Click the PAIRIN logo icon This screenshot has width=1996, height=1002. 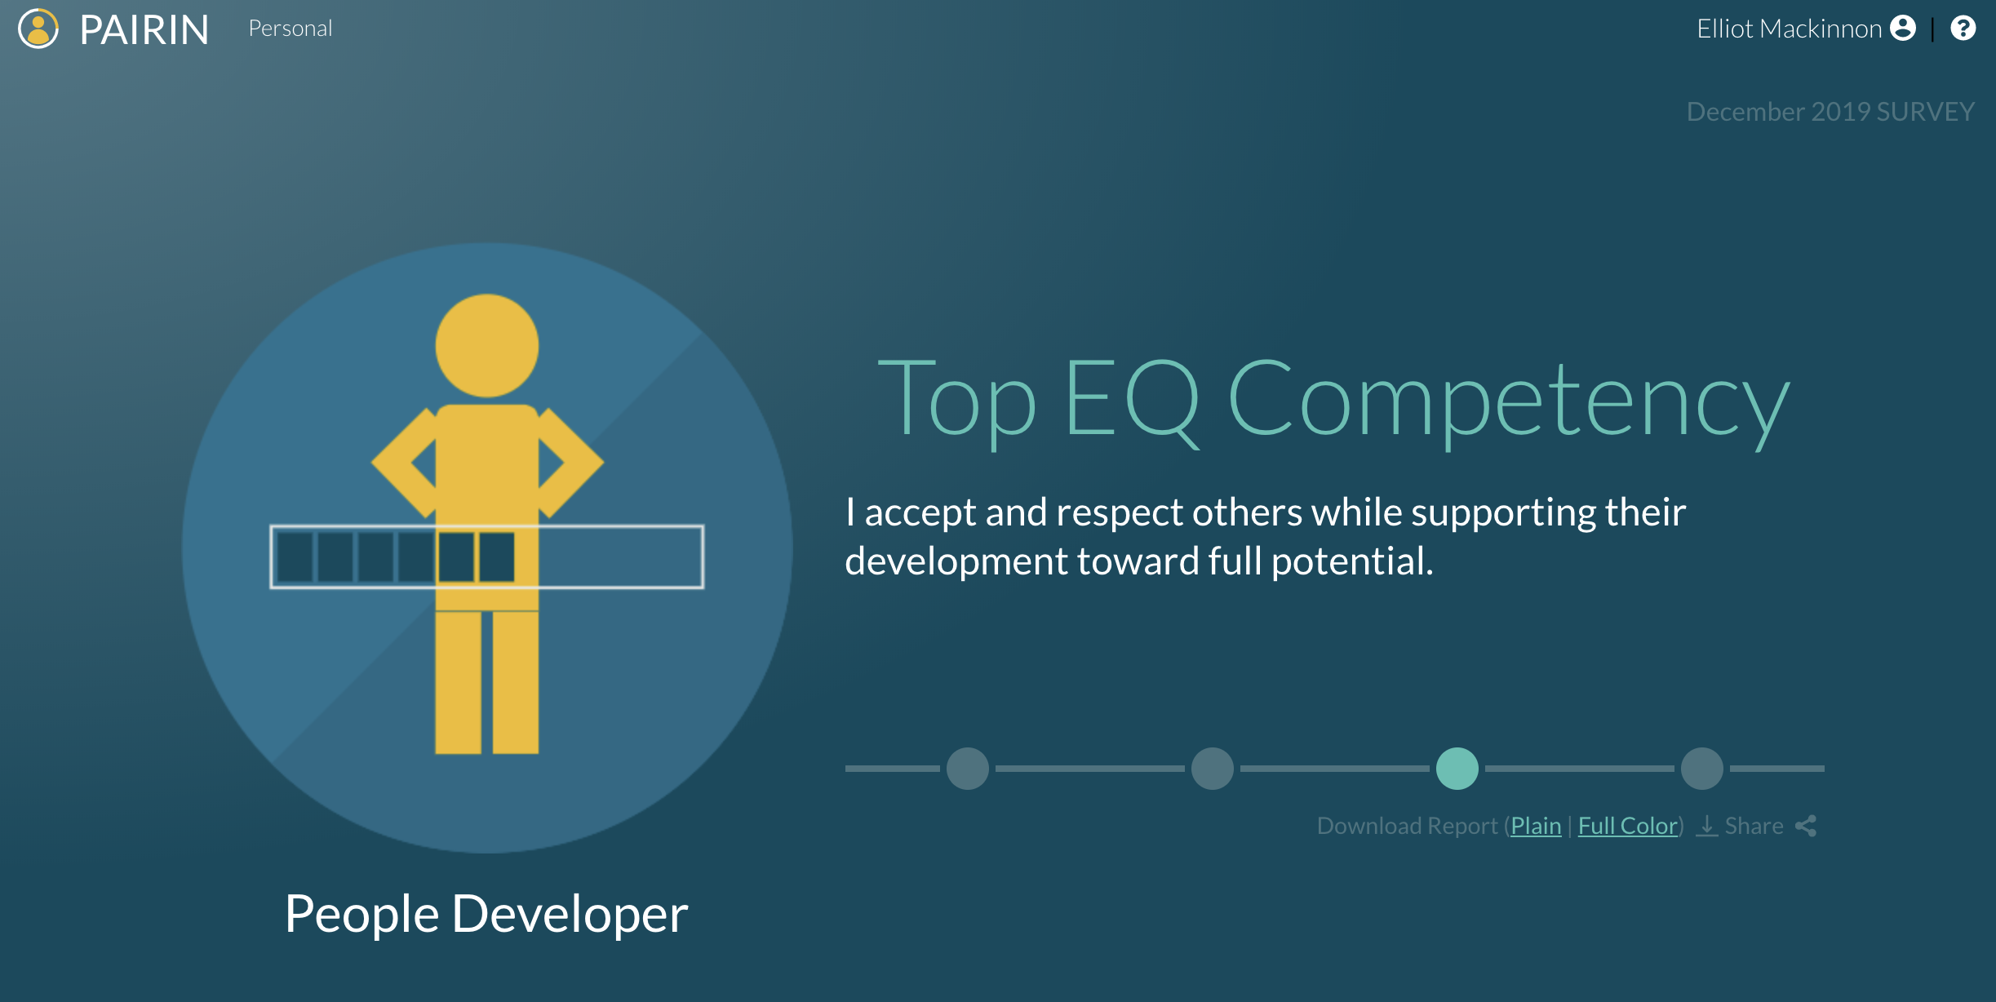[38, 29]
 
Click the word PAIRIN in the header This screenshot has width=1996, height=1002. [144, 30]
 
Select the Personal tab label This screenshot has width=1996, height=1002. [291, 29]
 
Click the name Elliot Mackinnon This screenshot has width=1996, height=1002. [1789, 29]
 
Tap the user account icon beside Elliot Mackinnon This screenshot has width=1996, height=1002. [1903, 28]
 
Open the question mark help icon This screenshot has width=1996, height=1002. [1963, 28]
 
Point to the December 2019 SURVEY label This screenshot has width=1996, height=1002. [1830, 112]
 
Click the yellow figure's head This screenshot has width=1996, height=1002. [487, 345]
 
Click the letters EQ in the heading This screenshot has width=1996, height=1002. [1132, 400]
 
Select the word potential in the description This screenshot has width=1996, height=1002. [1352, 561]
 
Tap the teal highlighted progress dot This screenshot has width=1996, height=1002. [1457, 769]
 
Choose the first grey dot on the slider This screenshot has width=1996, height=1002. [968, 769]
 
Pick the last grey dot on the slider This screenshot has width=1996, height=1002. [1702, 769]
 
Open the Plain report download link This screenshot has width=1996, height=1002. [1536, 826]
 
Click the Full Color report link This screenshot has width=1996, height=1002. [1628, 826]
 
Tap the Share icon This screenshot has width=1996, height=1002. [1806, 826]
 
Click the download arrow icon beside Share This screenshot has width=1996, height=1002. [1706, 826]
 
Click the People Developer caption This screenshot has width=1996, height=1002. [486, 914]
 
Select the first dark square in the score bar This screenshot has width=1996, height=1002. [295, 556]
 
